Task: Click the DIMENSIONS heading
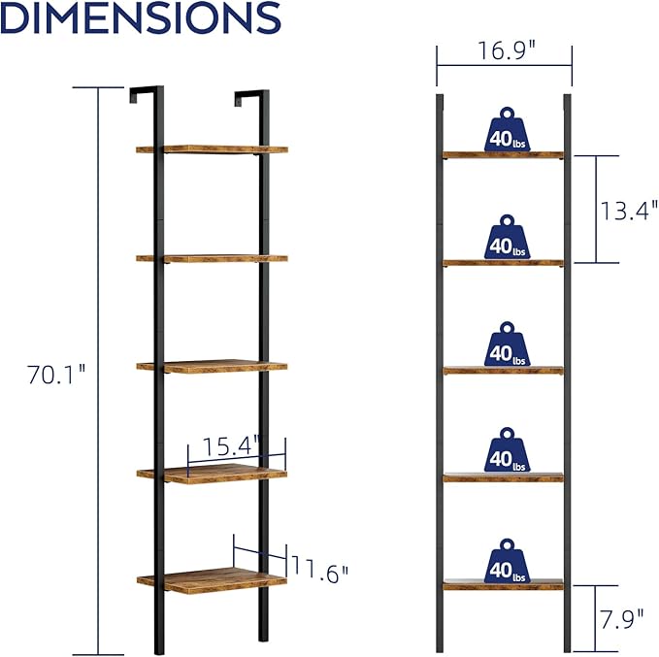(x=141, y=16)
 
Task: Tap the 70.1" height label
(x=56, y=375)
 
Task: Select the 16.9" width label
(x=507, y=50)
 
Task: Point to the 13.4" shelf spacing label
(x=629, y=211)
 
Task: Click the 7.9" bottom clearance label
(x=621, y=619)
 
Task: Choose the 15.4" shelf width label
(x=232, y=446)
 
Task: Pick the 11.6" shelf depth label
(x=320, y=570)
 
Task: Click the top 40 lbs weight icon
(x=508, y=129)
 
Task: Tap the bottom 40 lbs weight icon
(x=508, y=561)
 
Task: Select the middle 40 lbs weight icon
(x=508, y=345)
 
